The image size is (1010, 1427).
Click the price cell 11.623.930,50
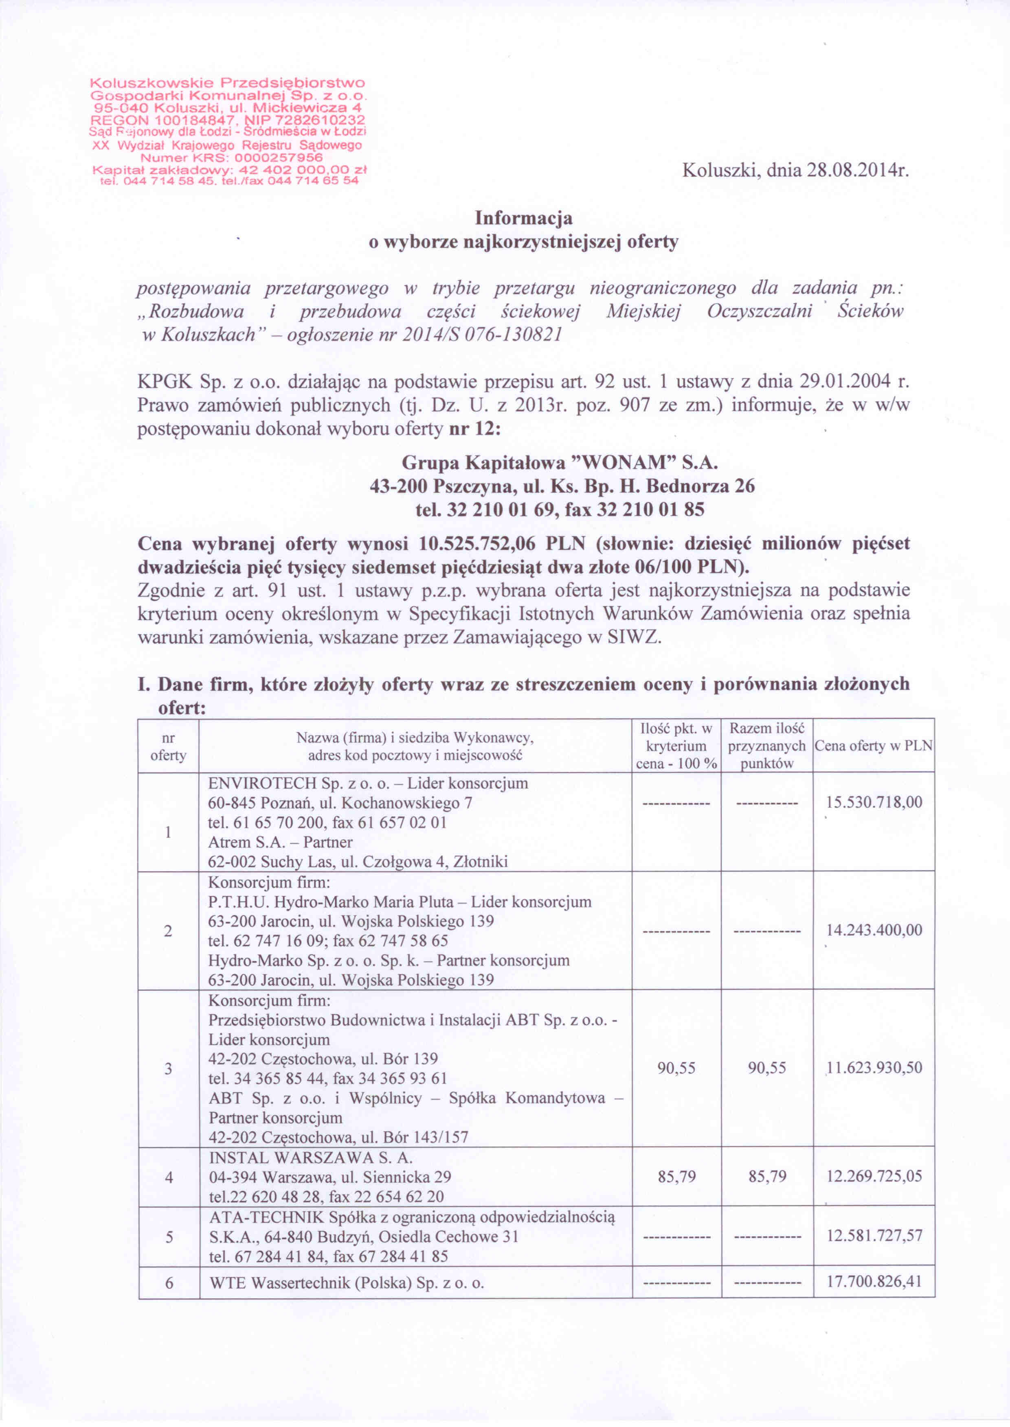874,1068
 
